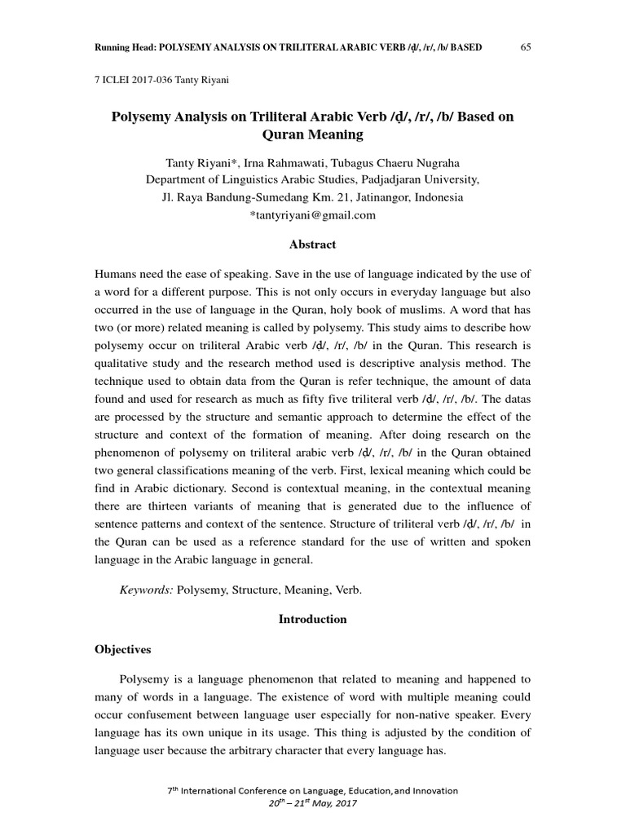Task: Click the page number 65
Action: click(526, 46)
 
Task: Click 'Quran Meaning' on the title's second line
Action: click(312, 134)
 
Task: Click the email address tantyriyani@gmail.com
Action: click(312, 214)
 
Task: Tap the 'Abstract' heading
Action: click(312, 245)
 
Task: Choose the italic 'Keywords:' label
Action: click(146, 589)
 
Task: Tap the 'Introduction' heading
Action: click(312, 619)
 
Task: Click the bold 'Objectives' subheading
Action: click(122, 649)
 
